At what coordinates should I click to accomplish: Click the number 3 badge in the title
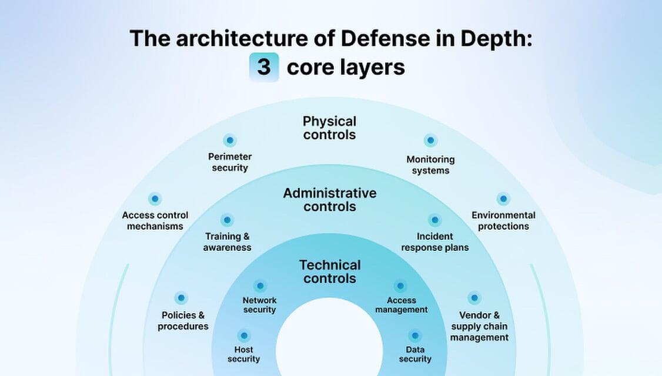pyautogui.click(x=264, y=67)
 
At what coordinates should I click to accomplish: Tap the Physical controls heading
pyautogui.click(x=329, y=128)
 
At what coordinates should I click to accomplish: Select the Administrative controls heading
pyautogui.click(x=330, y=200)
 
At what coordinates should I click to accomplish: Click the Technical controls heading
pyautogui.click(x=330, y=271)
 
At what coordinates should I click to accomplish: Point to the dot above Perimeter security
pyautogui.click(x=230, y=140)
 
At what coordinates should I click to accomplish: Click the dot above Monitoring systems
pyautogui.click(x=431, y=141)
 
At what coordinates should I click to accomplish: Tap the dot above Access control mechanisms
pyautogui.click(x=155, y=199)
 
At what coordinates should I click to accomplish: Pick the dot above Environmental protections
pyautogui.click(x=503, y=199)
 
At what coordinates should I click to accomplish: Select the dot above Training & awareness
pyautogui.click(x=228, y=220)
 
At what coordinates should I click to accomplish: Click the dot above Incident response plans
pyautogui.click(x=435, y=220)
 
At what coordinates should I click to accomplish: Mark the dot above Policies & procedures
pyautogui.click(x=182, y=298)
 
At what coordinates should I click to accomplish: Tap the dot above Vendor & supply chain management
pyautogui.click(x=474, y=298)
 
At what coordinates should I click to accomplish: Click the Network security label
pyautogui.click(x=259, y=305)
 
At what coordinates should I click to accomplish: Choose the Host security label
pyautogui.click(x=243, y=354)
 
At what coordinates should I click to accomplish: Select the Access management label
pyautogui.click(x=402, y=305)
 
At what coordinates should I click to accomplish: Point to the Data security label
pyautogui.click(x=416, y=354)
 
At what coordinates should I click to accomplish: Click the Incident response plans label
pyautogui.click(x=435, y=242)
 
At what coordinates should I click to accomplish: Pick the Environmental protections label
pyautogui.click(x=503, y=221)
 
